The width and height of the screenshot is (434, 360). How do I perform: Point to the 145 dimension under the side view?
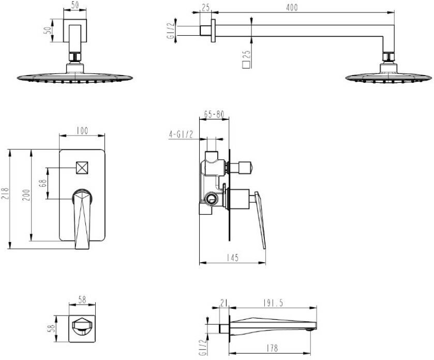click(233, 258)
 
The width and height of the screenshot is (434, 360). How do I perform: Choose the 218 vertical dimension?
click(6, 193)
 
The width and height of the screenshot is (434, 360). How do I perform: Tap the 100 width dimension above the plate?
click(82, 131)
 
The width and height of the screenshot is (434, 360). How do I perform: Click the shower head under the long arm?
click(388, 76)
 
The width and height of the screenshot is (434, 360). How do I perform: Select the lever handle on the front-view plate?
click(83, 217)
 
